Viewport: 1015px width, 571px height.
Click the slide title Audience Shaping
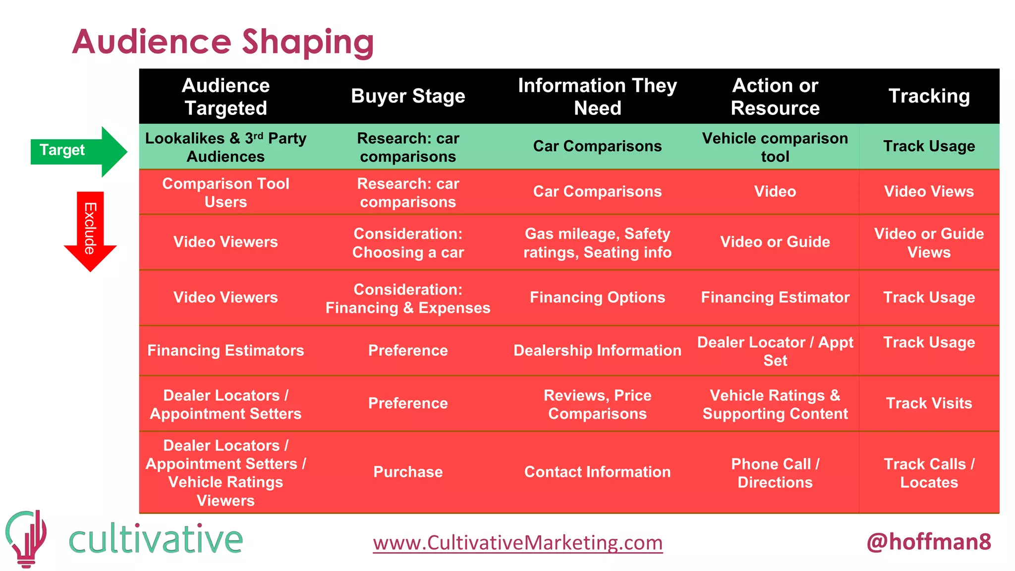223,42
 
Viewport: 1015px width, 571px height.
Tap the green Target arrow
74,150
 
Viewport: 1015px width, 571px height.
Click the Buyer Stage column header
408,96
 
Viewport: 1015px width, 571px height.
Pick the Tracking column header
929,96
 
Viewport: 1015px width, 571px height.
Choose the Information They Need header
597,97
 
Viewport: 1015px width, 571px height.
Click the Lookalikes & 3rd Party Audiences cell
226,147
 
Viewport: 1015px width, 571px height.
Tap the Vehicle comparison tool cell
775,147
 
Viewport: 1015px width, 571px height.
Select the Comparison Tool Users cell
226,192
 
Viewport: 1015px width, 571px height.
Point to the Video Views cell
929,192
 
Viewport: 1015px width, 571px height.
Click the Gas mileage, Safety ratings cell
597,243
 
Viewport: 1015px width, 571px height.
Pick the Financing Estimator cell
775,297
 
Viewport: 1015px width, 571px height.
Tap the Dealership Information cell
597,350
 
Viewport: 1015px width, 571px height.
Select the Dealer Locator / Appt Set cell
775,351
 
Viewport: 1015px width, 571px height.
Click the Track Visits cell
929,403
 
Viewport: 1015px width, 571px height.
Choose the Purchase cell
408,472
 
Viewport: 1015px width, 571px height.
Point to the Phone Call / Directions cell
775,473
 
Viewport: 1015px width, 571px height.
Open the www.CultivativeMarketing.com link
518,543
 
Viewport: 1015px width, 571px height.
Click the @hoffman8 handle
928,542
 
